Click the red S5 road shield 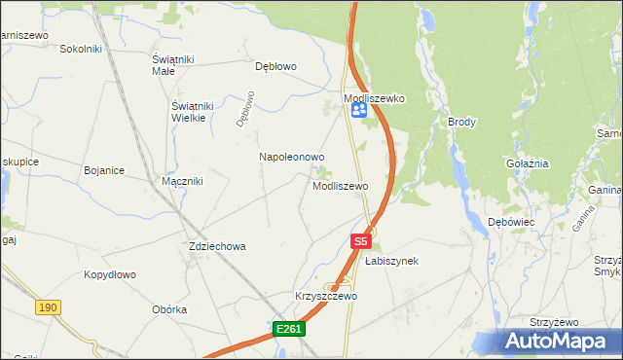pyautogui.click(x=361, y=239)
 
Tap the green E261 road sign pyautogui.click(x=289, y=329)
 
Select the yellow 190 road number pyautogui.click(x=48, y=306)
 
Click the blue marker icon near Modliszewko pyautogui.click(x=358, y=112)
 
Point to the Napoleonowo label pyautogui.click(x=291, y=156)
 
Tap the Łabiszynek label pyautogui.click(x=391, y=261)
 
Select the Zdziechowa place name pyautogui.click(x=217, y=246)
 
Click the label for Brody pyautogui.click(x=461, y=122)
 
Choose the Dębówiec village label pyautogui.click(x=511, y=222)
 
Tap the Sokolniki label pyautogui.click(x=81, y=48)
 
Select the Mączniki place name pyautogui.click(x=182, y=181)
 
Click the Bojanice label pyautogui.click(x=104, y=170)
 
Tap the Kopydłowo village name pyautogui.click(x=109, y=274)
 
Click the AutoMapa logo pyautogui.click(x=561, y=341)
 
